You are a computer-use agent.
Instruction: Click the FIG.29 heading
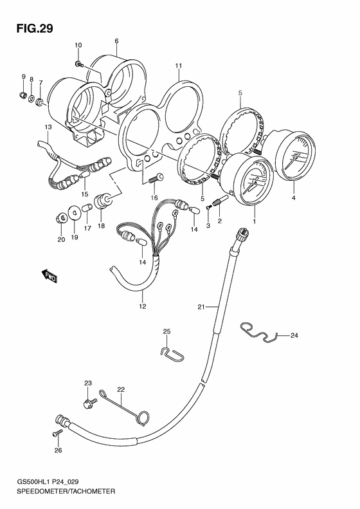(x=35, y=28)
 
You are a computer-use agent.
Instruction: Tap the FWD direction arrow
(x=50, y=276)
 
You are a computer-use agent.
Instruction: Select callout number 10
(x=78, y=45)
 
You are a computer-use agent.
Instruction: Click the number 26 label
(x=58, y=450)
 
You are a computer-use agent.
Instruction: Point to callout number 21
(x=201, y=306)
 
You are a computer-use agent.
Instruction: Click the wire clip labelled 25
(x=172, y=354)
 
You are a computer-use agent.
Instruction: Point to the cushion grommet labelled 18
(x=103, y=201)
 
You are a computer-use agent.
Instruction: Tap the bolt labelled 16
(x=156, y=178)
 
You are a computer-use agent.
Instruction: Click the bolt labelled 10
(x=80, y=64)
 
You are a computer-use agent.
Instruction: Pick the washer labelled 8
(x=32, y=97)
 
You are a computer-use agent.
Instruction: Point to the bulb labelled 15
(x=84, y=176)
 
